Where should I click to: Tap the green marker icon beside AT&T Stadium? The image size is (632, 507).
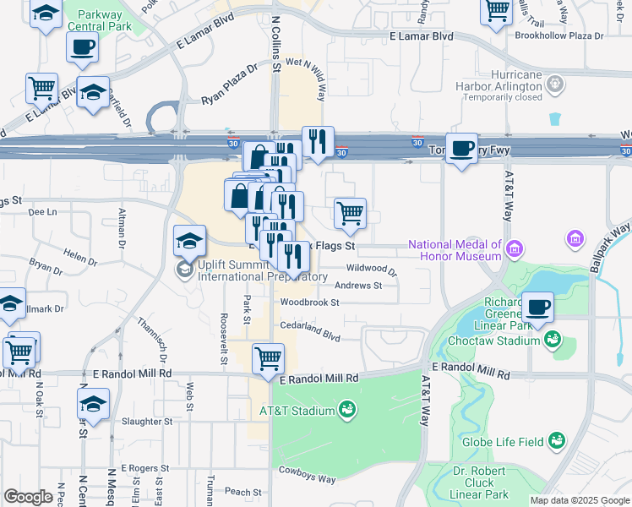point(346,412)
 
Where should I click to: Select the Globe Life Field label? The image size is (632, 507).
point(502,440)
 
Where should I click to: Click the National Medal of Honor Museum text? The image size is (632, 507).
point(455,247)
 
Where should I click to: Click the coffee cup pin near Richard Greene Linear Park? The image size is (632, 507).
point(538,307)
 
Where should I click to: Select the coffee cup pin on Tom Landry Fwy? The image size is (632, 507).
point(461,149)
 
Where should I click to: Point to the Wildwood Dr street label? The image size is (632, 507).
point(371,269)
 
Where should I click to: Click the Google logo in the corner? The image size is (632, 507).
point(28,497)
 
